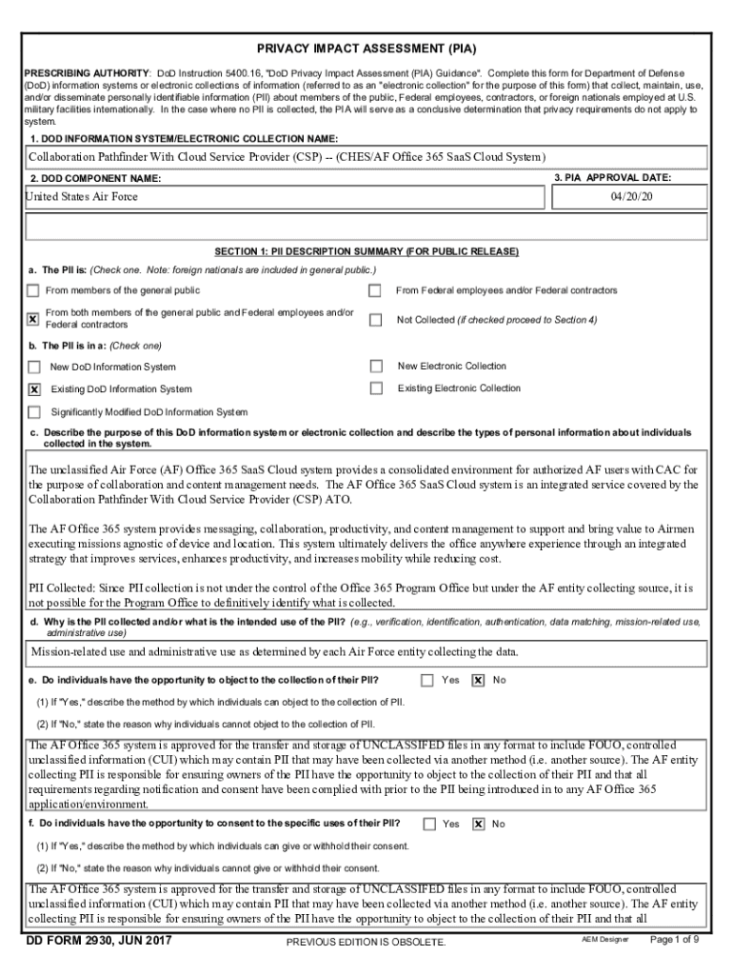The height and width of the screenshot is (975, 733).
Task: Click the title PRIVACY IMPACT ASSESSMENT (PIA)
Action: [x=366, y=48]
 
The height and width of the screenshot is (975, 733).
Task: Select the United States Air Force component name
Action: [x=83, y=196]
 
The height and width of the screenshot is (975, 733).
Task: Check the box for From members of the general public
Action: [x=34, y=290]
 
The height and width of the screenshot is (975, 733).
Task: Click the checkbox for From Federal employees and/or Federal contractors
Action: [x=375, y=290]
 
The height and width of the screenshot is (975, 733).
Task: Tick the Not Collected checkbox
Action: [x=375, y=320]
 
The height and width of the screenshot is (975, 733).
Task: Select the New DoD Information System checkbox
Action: [x=34, y=367]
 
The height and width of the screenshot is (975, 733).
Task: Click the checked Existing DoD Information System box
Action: [x=34, y=389]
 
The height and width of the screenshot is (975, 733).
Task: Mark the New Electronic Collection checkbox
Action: [x=376, y=366]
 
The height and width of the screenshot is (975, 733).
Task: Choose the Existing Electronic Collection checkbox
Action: [x=376, y=388]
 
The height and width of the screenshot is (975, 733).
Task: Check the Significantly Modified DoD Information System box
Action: [x=34, y=412]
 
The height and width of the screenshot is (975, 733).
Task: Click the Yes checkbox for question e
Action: [x=427, y=680]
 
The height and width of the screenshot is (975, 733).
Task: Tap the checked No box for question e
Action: [x=478, y=680]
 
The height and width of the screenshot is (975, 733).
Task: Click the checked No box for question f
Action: [x=478, y=824]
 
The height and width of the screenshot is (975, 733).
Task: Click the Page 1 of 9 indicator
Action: [x=674, y=940]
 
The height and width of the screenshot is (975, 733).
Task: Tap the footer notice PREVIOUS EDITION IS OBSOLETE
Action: [x=366, y=943]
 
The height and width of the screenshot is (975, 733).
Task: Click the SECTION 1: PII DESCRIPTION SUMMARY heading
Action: [x=366, y=251]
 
